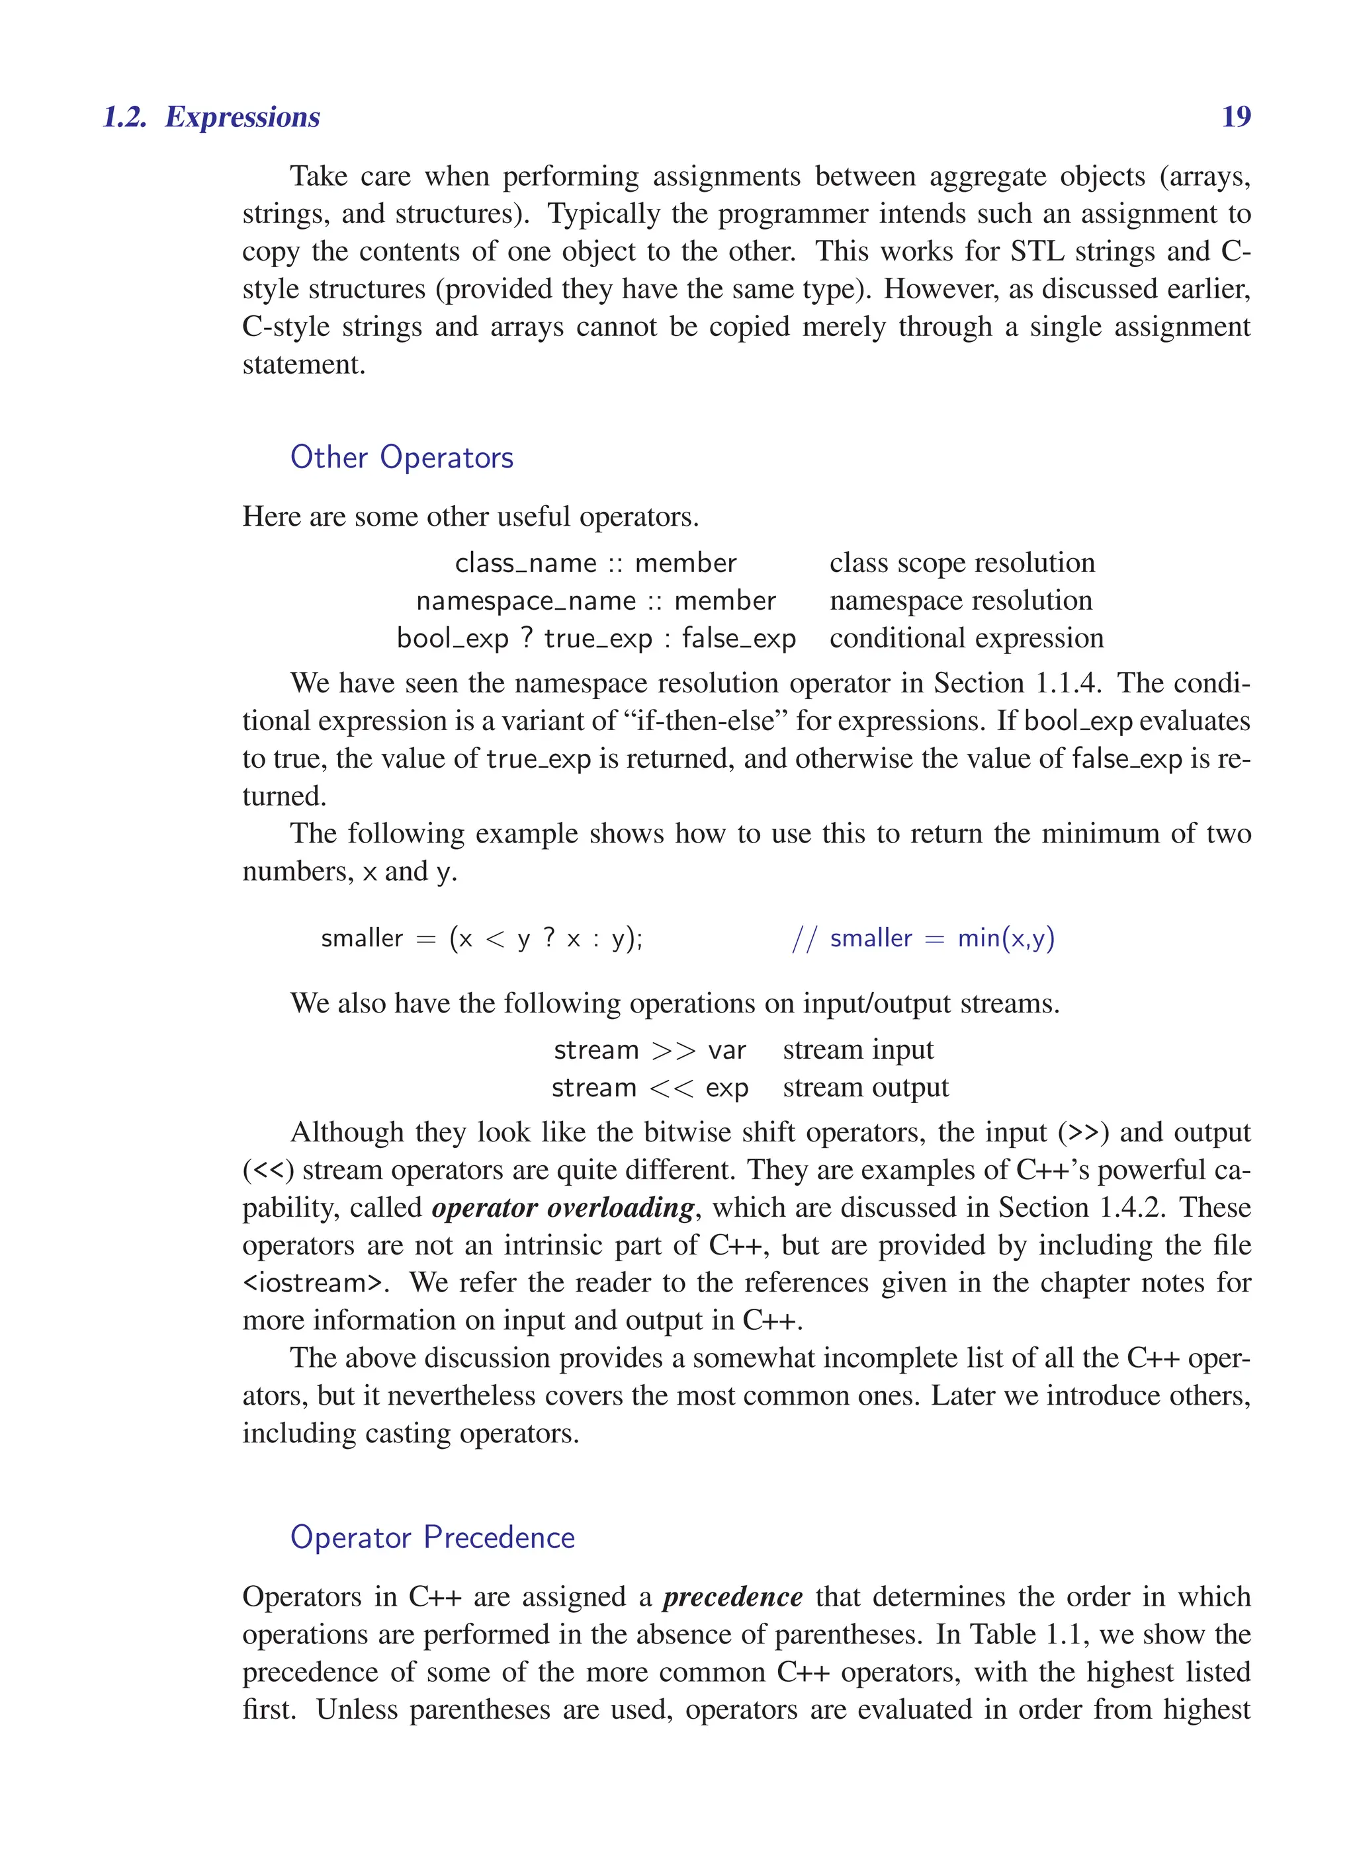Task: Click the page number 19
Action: click(1235, 116)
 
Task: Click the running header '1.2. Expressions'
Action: click(211, 116)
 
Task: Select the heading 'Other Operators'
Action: click(401, 458)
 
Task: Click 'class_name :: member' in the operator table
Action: click(595, 563)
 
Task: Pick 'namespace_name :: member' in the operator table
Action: click(595, 601)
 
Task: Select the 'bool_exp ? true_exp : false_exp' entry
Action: click(595, 639)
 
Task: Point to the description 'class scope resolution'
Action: click(961, 563)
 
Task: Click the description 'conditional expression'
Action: click(966, 639)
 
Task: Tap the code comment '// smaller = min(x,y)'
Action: click(923, 938)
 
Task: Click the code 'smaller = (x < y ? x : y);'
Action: click(482, 938)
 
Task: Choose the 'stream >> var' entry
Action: click(650, 1050)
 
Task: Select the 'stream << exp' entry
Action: click(650, 1088)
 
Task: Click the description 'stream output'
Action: click(865, 1088)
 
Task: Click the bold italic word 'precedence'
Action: click(732, 1597)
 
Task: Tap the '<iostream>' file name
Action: click(314, 1283)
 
